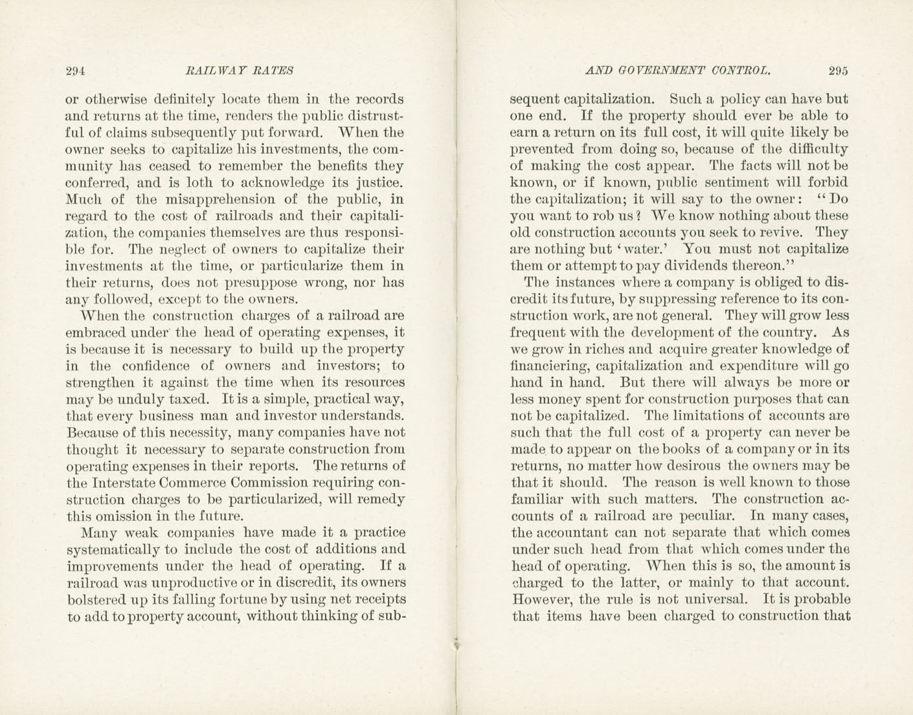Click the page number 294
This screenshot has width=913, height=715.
[x=76, y=71]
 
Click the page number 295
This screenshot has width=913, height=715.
[x=837, y=71]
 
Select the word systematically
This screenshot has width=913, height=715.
[x=113, y=550]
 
